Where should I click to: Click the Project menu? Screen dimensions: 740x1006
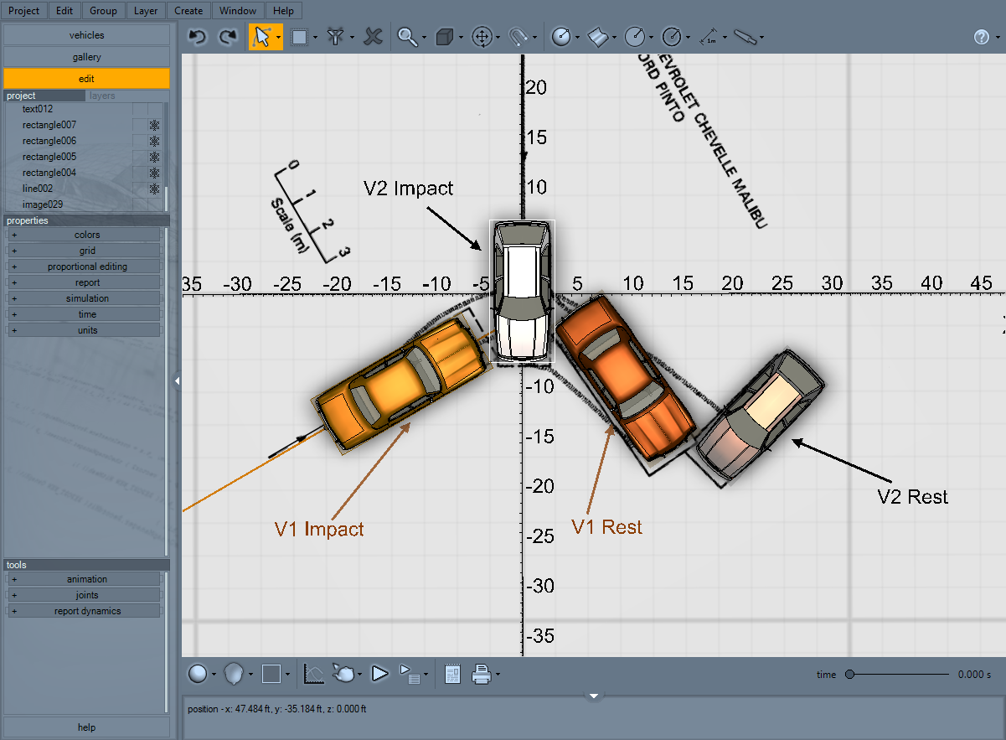[24, 11]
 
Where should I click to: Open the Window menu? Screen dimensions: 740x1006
[238, 11]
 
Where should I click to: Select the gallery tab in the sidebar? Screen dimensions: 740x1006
[86, 57]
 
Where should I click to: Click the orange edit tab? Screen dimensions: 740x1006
[86, 78]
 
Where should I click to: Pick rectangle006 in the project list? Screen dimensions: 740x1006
[49, 141]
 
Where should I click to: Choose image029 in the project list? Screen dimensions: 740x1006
[43, 204]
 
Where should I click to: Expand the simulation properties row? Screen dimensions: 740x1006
[87, 298]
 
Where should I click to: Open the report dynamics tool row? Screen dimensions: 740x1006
[87, 611]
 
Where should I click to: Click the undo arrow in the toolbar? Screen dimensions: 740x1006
[197, 37]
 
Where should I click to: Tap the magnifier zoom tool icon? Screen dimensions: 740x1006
[407, 37]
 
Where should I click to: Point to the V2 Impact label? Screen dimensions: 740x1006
[408, 189]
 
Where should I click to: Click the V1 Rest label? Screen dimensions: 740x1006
[606, 527]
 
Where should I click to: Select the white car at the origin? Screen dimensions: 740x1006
[522, 292]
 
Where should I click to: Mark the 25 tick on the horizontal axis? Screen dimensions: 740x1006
[782, 284]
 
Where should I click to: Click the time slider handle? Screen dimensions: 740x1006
[849, 674]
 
